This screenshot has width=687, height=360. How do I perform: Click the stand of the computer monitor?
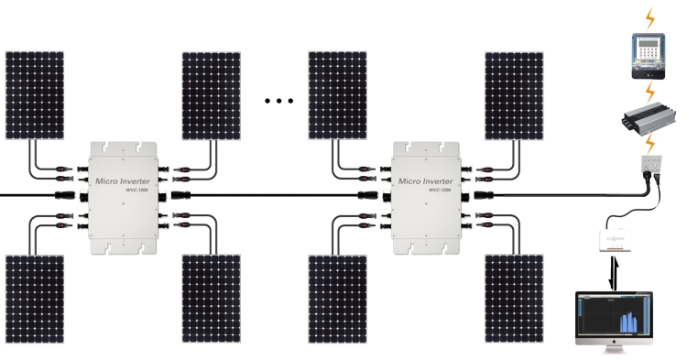612,352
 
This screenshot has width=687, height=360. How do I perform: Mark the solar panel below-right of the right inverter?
514,299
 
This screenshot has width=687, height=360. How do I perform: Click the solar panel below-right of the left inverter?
212,299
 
